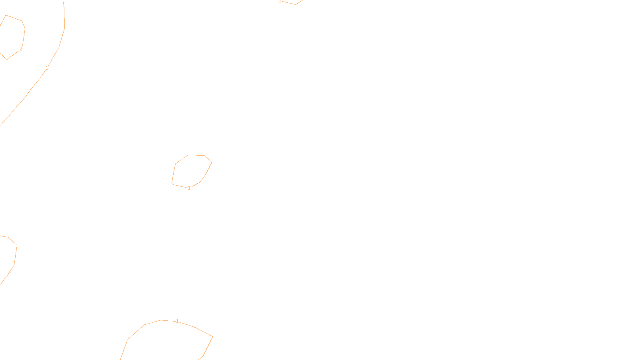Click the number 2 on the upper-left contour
tap(21, 49)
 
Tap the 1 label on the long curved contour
tap(47, 68)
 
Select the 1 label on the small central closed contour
tap(189, 188)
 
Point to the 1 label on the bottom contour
tap(177, 321)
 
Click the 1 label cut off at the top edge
tap(280, 1)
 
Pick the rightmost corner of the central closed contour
tap(212, 162)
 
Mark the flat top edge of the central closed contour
tap(196, 155)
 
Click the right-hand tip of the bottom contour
tap(212, 337)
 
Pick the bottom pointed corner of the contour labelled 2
tap(7, 59)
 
